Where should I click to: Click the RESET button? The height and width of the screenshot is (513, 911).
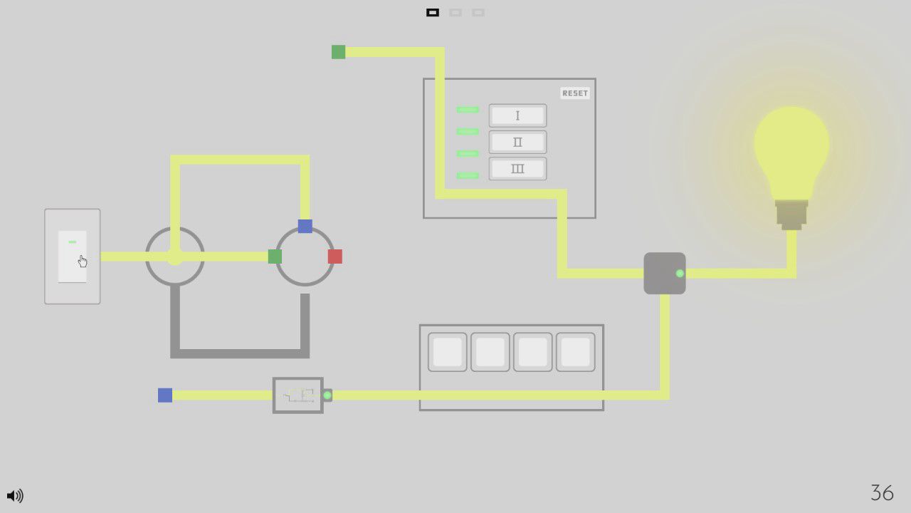[x=575, y=93]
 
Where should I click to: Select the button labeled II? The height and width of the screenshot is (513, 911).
[x=517, y=142]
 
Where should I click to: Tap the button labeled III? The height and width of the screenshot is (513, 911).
[x=517, y=169]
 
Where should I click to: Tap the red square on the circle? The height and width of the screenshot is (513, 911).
[x=335, y=256]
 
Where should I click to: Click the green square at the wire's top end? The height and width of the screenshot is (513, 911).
[x=339, y=52]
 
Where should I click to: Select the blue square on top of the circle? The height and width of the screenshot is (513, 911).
[x=305, y=227]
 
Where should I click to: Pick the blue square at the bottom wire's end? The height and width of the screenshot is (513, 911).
[x=165, y=395]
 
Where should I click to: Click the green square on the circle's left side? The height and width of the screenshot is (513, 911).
[x=275, y=256]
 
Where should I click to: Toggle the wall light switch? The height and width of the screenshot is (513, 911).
[x=72, y=256]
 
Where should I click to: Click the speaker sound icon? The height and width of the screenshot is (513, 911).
[x=14, y=495]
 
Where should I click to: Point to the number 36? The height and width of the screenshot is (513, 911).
[x=882, y=492]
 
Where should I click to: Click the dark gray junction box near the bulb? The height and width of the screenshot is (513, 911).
[x=664, y=273]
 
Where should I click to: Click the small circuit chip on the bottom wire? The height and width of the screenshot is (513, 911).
[x=298, y=395]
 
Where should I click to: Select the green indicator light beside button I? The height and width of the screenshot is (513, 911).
[x=468, y=110]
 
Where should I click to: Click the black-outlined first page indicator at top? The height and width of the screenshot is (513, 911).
[x=433, y=13]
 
